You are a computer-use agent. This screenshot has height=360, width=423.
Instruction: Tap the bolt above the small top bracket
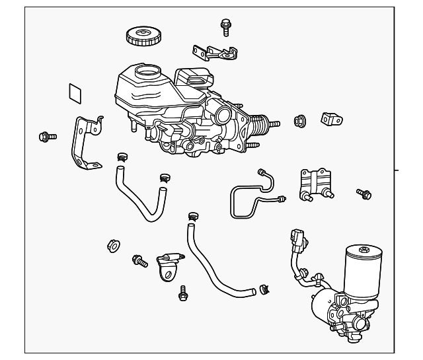coord(225,26)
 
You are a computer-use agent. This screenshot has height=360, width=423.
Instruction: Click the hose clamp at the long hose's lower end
coord(266,287)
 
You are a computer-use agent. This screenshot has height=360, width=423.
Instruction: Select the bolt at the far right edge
coord(364,193)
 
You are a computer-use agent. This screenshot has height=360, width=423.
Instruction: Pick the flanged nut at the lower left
coord(112,246)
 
